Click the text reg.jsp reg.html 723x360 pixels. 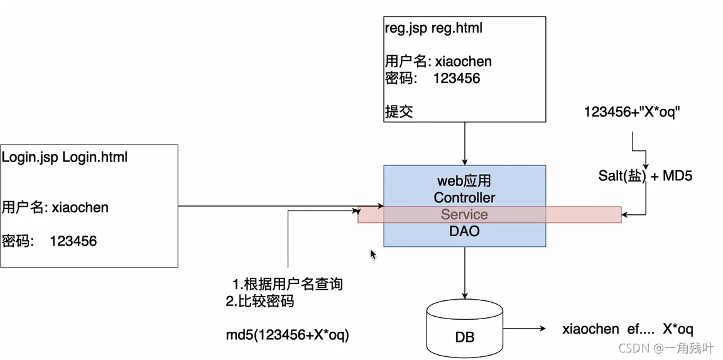(433, 28)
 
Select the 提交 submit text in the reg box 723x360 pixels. (399, 112)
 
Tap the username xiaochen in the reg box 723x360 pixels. (438, 62)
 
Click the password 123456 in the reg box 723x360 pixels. (432, 79)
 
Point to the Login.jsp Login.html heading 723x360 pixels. (64, 157)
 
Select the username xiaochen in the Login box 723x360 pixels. (55, 207)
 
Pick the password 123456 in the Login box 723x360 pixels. (50, 241)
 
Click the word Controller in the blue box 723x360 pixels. (464, 197)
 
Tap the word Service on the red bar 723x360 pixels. (464, 214)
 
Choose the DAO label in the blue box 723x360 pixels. (464, 231)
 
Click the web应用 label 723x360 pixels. (464, 181)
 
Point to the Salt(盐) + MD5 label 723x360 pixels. (645, 176)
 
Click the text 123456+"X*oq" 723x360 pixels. (632, 112)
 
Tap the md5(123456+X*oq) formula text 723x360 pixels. (288, 335)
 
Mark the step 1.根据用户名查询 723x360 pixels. (288, 284)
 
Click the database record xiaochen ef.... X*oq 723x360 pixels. (628, 329)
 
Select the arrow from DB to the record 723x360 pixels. (525, 329)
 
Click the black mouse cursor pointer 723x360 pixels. (372, 254)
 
